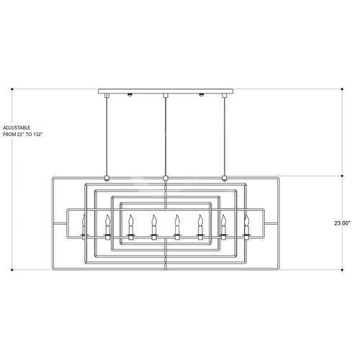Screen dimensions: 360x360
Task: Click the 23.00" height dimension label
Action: pyautogui.click(x=343, y=223)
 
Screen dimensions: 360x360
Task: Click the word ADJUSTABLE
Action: pyautogui.click(x=17, y=127)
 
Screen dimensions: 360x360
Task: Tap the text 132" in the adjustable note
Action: pyautogui.click(x=37, y=135)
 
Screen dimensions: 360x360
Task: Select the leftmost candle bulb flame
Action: pyautogui.click(x=84, y=220)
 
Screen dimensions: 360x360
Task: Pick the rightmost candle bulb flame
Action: pyautogui.click(x=246, y=220)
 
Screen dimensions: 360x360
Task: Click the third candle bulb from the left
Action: pyautogui.click(x=130, y=220)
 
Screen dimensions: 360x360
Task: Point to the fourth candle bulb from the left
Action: pyautogui.click(x=154, y=220)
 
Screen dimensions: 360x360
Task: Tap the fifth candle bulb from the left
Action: pyautogui.click(x=177, y=220)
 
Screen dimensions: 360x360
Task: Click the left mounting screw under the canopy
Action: pyautogui.click(x=130, y=94)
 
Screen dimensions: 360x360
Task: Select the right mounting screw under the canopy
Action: pyautogui.click(x=202, y=94)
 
